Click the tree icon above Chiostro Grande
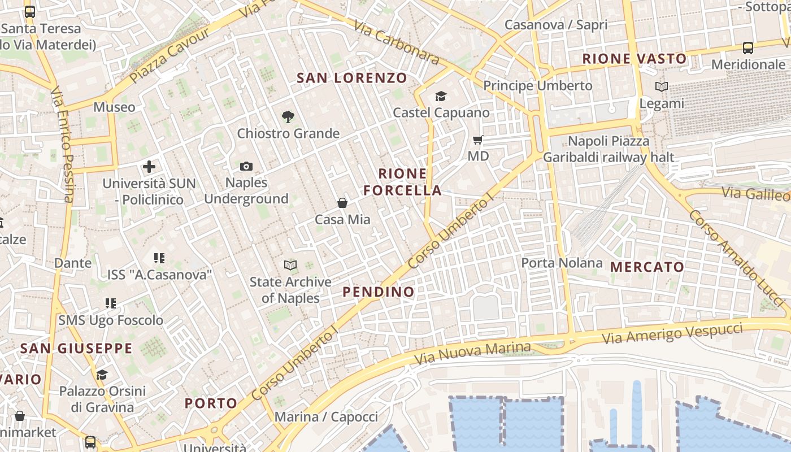click(x=288, y=117)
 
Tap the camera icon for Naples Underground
click(x=246, y=166)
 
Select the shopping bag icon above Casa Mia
click(x=342, y=202)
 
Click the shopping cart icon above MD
click(x=478, y=140)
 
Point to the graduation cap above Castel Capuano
click(x=441, y=96)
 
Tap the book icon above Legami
click(x=662, y=87)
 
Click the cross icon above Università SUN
click(x=149, y=167)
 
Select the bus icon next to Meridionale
click(x=748, y=48)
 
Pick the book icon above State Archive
click(x=290, y=265)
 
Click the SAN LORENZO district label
click(x=352, y=78)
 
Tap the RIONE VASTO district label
click(x=634, y=59)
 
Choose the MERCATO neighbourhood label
click(x=647, y=267)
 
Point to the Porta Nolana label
click(x=562, y=263)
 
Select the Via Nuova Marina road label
click(x=472, y=353)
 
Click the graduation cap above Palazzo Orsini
click(x=102, y=375)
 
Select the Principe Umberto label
click(x=537, y=86)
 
